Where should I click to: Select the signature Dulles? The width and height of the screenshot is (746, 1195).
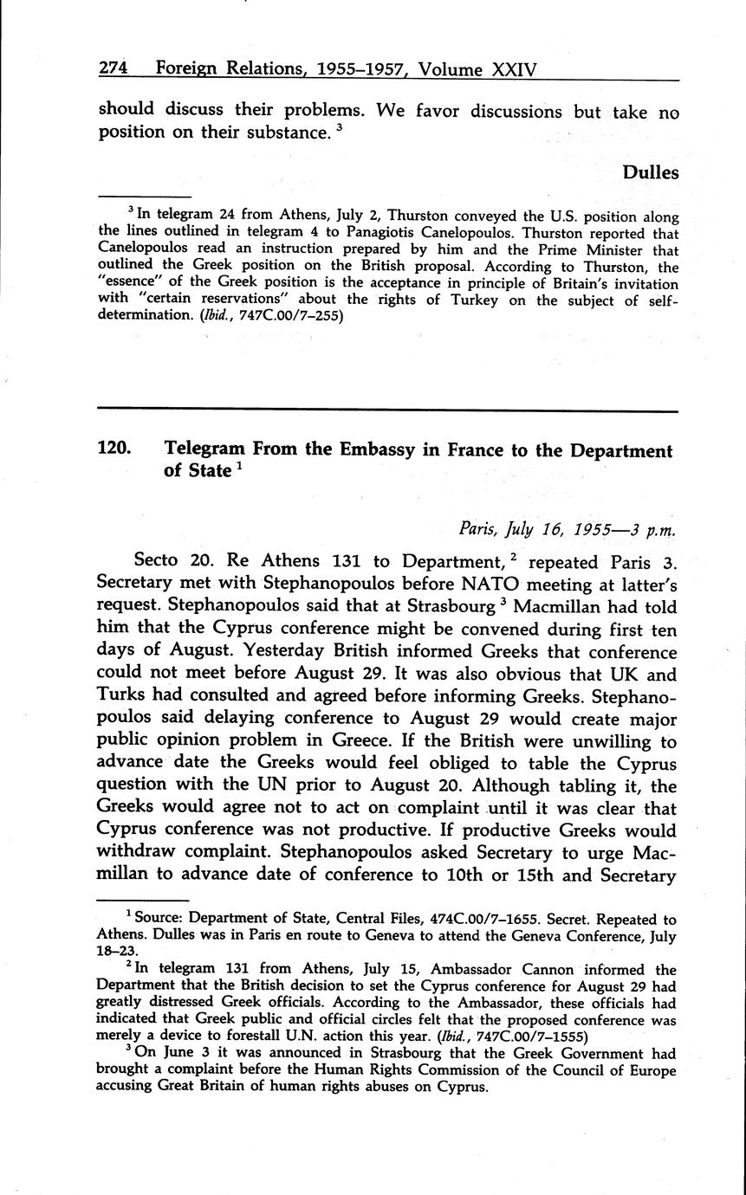[650, 172]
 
